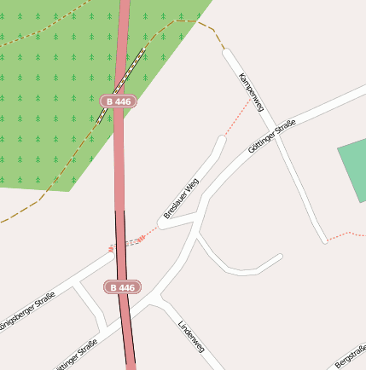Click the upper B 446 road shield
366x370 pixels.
click(x=118, y=101)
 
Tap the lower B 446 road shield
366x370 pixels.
click(x=123, y=287)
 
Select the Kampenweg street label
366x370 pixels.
click(x=253, y=92)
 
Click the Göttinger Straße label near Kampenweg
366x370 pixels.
click(x=271, y=137)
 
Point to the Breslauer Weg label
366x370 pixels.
click(x=181, y=198)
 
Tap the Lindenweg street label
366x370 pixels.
click(x=192, y=337)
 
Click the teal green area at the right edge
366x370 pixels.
click(x=354, y=171)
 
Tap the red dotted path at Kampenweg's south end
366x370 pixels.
click(x=346, y=233)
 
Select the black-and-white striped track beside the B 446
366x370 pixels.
click(x=121, y=85)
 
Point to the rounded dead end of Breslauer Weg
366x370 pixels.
click(x=221, y=141)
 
